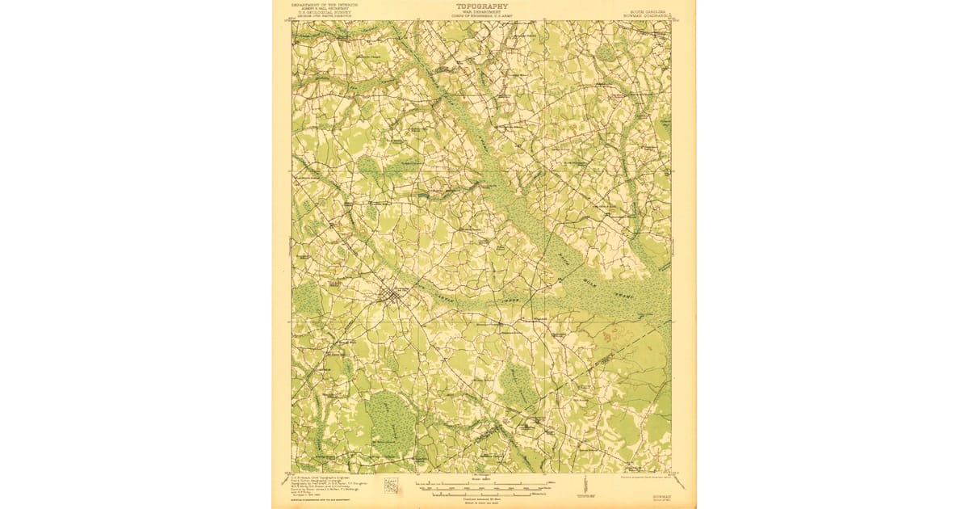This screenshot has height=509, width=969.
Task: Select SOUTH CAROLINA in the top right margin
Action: click(649, 9)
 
